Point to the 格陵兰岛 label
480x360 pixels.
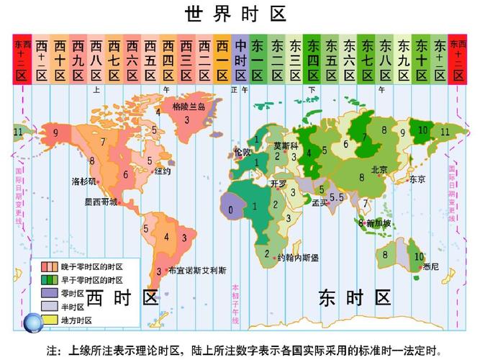tap(189, 106)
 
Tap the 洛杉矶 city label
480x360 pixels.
tap(84, 180)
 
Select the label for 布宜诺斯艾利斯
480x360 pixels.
tap(196, 271)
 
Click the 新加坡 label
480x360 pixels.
tap(379, 223)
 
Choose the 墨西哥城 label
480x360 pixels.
tap(99, 202)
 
